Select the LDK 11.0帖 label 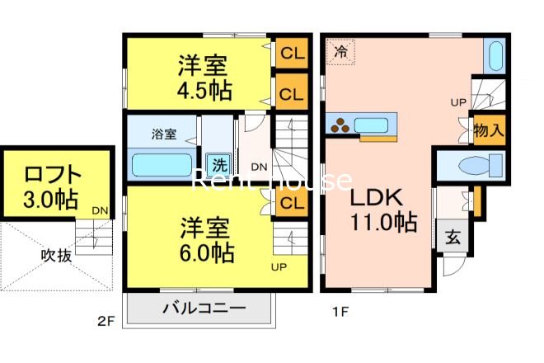[378, 210]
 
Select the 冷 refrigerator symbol [340, 52]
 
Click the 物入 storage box [488, 130]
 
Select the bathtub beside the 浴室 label [162, 165]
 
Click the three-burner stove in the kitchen [340, 125]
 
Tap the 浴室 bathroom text [163, 133]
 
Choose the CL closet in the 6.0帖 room [288, 203]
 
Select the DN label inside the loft [99, 211]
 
